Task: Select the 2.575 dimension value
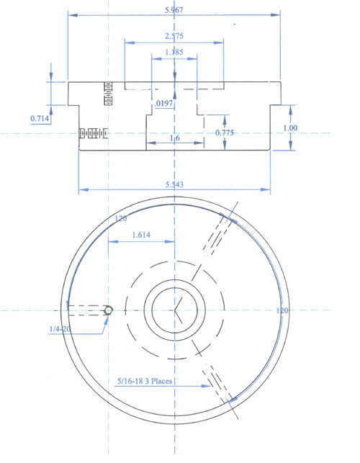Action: click(x=173, y=36)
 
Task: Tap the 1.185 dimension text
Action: click(x=173, y=52)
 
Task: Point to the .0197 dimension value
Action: click(x=165, y=104)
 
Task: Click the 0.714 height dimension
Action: click(x=40, y=117)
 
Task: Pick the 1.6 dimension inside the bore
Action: click(x=174, y=138)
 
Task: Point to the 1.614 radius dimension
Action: click(x=141, y=235)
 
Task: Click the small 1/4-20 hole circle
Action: click(x=108, y=310)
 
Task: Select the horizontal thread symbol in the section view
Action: click(x=93, y=133)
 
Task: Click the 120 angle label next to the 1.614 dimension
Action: click(x=121, y=217)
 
